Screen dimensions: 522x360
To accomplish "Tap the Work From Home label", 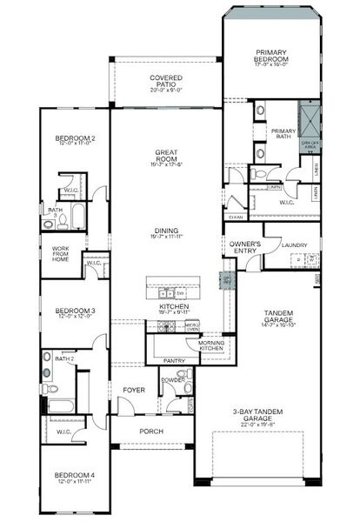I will [x=60, y=254].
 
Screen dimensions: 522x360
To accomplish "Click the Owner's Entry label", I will [x=243, y=246].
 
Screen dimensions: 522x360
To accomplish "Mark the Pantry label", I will [x=174, y=359].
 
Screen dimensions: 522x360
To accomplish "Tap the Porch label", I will [x=153, y=431].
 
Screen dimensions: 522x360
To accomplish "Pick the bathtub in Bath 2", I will [x=61, y=405].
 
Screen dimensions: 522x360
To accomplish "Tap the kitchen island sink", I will [x=172, y=294].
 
